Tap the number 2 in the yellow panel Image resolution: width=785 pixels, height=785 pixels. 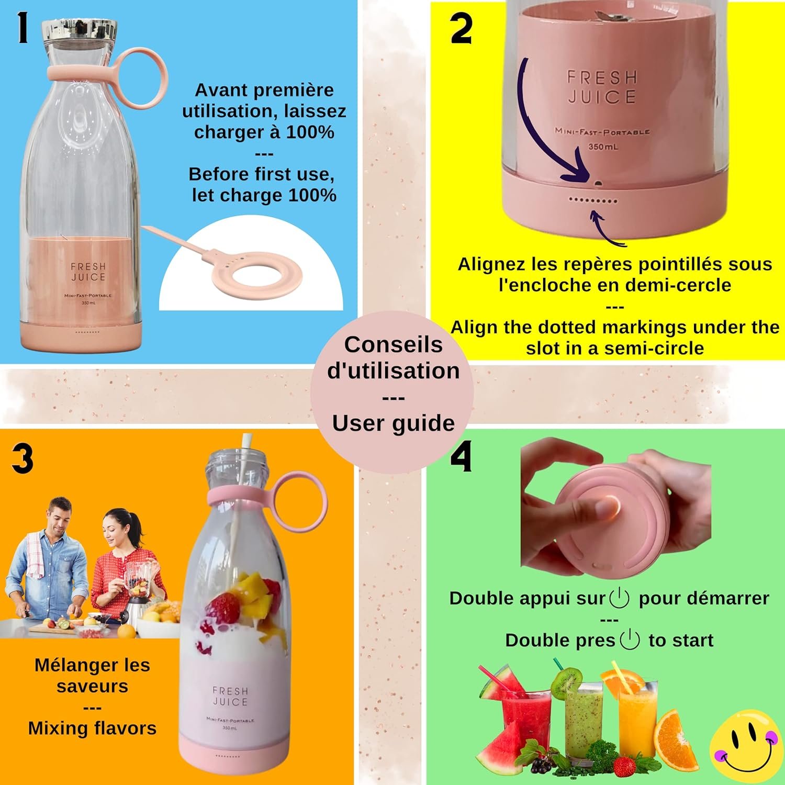click(x=461, y=29)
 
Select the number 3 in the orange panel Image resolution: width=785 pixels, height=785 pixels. click(x=23, y=459)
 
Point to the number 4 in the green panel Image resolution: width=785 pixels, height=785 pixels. click(x=461, y=456)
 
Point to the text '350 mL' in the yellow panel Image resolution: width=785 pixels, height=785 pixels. click(x=603, y=147)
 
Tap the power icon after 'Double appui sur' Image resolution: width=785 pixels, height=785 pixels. click(x=620, y=598)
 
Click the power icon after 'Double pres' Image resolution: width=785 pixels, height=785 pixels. click(x=630, y=640)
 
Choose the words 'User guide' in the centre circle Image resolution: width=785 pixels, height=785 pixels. click(x=394, y=423)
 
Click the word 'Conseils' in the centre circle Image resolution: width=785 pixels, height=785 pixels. click(x=394, y=344)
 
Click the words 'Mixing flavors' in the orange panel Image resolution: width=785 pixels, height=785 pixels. click(x=92, y=728)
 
